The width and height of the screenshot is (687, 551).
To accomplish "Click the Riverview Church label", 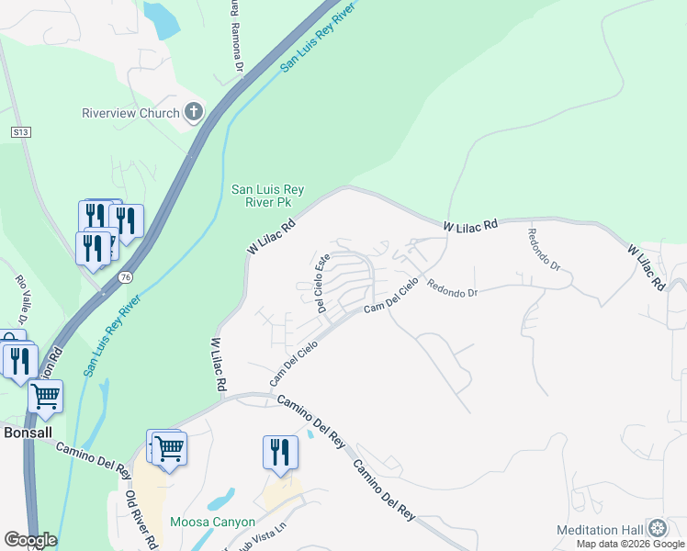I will pos(131,113).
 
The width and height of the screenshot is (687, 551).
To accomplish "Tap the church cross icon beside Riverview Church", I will pos(193,113).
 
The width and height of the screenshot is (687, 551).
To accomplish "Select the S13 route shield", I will pos(21,132).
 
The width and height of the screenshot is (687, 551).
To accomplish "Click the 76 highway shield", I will pos(123,276).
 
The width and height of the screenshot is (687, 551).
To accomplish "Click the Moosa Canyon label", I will pos(212,522).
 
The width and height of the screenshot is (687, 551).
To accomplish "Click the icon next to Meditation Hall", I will pos(657,529).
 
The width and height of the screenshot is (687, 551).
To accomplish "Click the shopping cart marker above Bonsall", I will pos(45,397).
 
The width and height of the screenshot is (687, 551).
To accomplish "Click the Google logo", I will pos(29,540).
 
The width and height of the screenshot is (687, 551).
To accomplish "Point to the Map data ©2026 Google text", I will pos(630,544).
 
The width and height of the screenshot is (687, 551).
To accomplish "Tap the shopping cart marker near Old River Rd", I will pos(170,450).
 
